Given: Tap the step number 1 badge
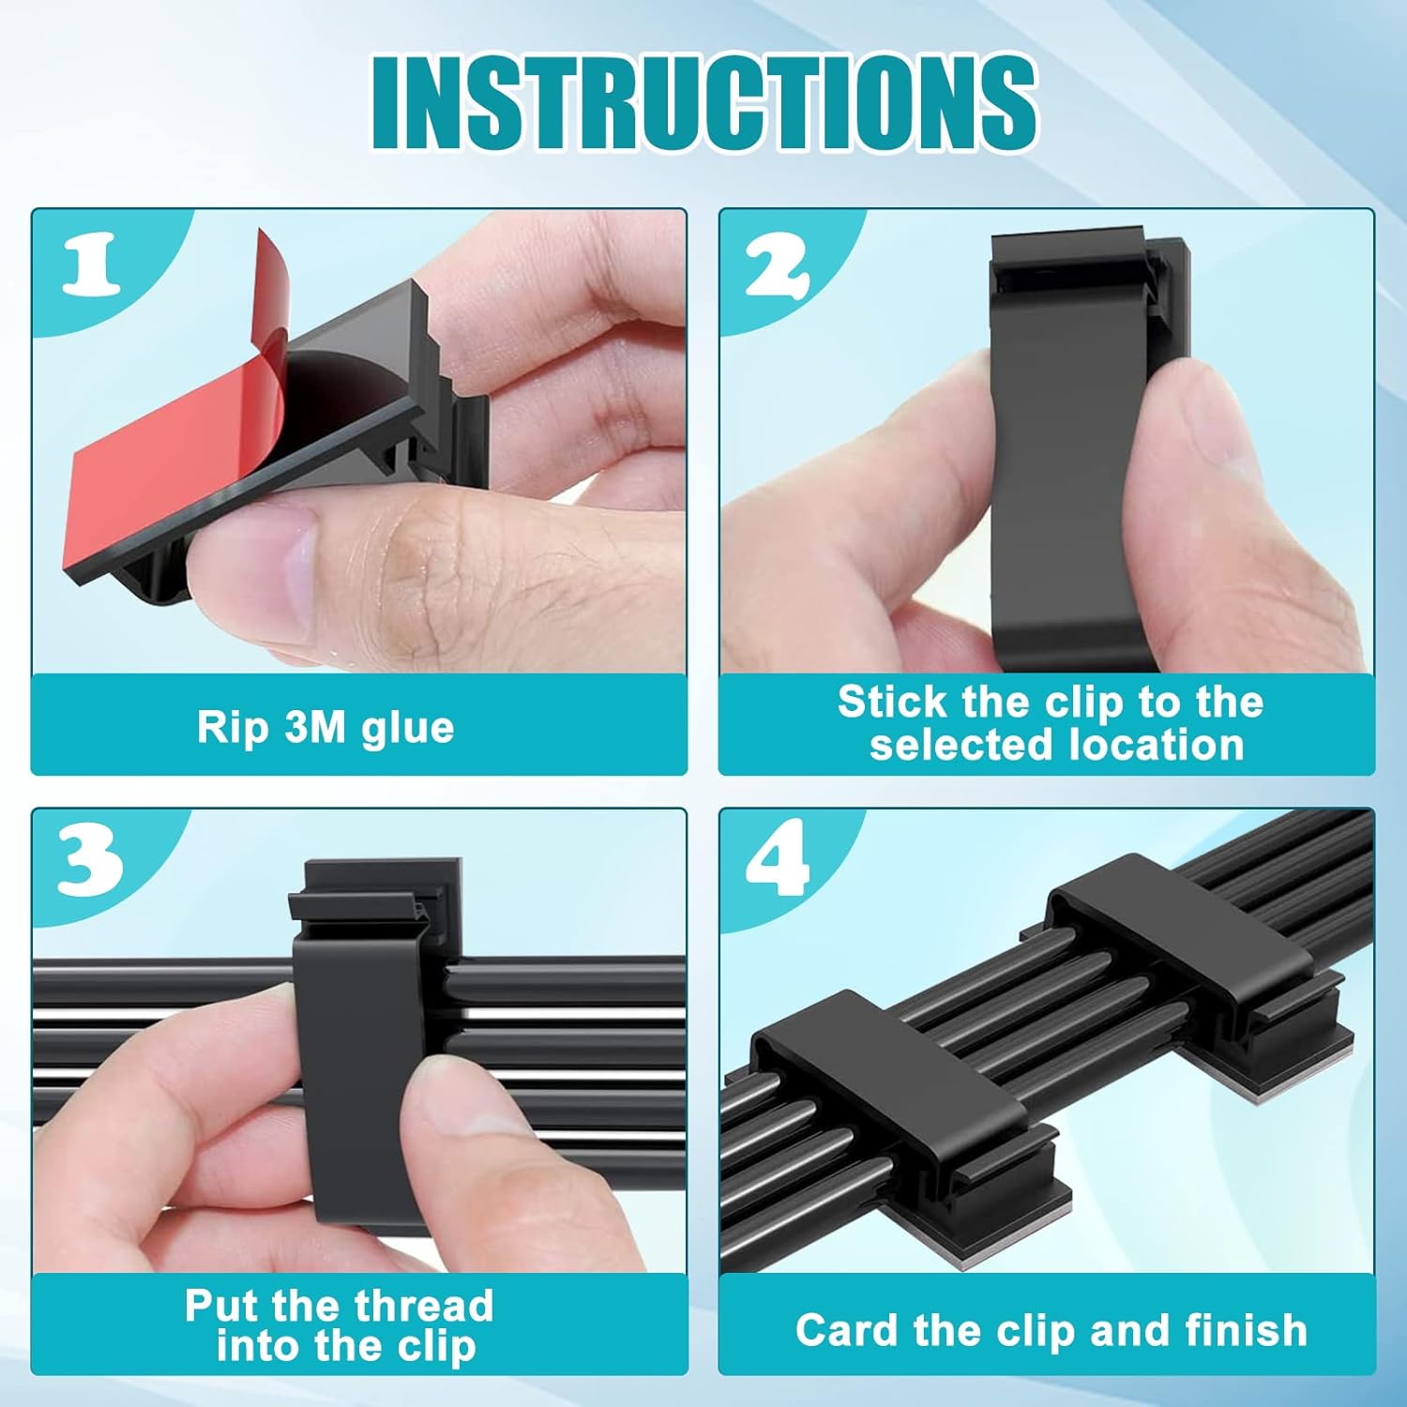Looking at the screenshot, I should pyautogui.click(x=92, y=264).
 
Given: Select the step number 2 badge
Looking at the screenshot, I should pyautogui.click(x=777, y=264).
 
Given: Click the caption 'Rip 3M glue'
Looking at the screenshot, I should pyautogui.click(x=325, y=727).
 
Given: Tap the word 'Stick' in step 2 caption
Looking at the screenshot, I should pyautogui.click(x=892, y=703).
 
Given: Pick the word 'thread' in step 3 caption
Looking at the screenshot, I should pyautogui.click(x=417, y=1306).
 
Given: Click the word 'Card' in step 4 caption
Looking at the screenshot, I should pyautogui.click(x=848, y=1330).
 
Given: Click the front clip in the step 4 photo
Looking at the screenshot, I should pyautogui.click(x=891, y=1088).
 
